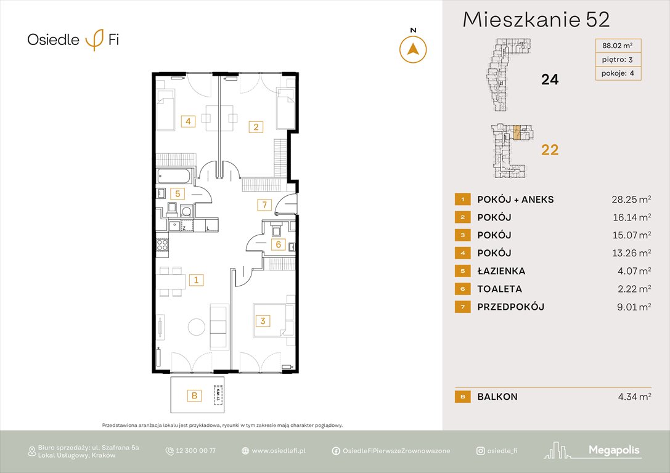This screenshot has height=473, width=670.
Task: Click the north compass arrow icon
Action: (x=413, y=49)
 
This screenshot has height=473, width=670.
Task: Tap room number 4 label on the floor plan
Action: (x=189, y=121)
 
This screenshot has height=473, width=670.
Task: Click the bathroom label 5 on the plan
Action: (x=177, y=193)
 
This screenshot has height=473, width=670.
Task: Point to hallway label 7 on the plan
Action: (x=263, y=204)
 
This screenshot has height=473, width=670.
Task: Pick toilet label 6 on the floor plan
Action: (x=278, y=245)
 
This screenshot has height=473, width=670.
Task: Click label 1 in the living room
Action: (x=195, y=280)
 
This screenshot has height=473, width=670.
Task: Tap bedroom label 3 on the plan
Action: (x=263, y=321)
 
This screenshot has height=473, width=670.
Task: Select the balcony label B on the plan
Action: (x=194, y=396)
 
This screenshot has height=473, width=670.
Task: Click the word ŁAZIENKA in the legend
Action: (x=501, y=271)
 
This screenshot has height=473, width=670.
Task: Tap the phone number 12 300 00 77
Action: (x=195, y=451)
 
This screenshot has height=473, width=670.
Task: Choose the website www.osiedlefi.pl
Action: (x=279, y=451)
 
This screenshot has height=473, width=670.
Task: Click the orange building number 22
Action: (x=549, y=149)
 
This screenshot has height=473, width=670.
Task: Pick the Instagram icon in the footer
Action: (x=480, y=451)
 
